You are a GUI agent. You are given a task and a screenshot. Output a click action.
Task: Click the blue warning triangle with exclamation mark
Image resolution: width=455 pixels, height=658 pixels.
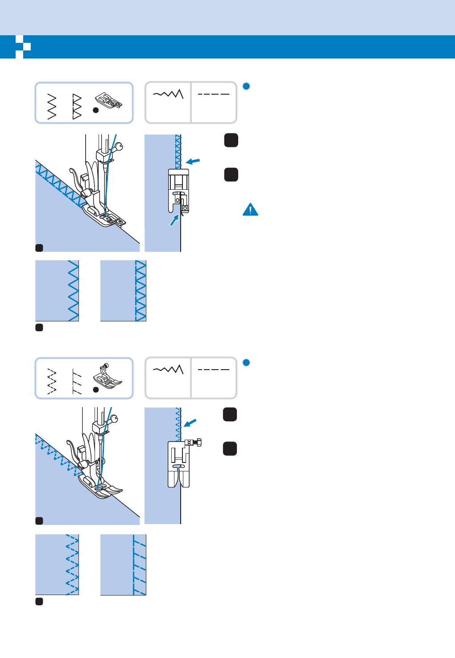coord(250,209)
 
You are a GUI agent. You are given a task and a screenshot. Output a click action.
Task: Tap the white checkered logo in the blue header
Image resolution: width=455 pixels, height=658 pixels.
coord(23,46)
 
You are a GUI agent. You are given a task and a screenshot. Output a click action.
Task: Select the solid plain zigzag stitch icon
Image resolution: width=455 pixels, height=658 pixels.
coord(52,107)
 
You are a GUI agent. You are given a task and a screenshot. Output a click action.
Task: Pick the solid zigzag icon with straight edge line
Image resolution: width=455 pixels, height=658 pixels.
coord(77,107)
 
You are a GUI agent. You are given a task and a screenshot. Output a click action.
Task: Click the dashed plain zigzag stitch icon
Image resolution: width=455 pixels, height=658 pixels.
coord(52,382)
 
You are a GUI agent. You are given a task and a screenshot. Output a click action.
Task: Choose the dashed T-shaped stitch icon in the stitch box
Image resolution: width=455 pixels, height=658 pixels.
coord(77,382)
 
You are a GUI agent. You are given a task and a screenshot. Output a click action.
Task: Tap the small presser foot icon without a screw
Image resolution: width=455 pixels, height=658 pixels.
coord(108,101)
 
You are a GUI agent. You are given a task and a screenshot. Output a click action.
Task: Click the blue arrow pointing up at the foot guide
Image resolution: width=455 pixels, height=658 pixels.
coord(174,220)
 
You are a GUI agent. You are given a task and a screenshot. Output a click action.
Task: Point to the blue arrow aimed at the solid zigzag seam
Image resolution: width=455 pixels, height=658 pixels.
coord(193,161)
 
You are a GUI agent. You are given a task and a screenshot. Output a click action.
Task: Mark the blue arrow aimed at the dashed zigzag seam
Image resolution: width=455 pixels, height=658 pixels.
coord(190,422)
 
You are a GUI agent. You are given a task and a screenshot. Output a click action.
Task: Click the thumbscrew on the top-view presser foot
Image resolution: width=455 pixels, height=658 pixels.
coord(195,442)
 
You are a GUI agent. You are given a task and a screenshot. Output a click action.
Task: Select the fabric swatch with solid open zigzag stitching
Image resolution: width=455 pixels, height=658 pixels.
coord(57,291)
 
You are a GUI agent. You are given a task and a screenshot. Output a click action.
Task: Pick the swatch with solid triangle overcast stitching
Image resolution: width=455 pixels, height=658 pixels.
coord(123,291)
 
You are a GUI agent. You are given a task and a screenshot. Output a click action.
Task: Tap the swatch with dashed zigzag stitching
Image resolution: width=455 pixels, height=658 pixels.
coord(57,565)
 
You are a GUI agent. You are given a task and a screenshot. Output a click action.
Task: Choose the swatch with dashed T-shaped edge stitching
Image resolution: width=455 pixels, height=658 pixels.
coord(123,565)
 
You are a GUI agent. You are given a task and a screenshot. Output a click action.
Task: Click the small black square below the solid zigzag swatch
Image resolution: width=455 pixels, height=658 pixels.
coord(39,328)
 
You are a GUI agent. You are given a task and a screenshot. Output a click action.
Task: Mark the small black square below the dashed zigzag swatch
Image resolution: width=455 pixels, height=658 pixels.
coord(39,602)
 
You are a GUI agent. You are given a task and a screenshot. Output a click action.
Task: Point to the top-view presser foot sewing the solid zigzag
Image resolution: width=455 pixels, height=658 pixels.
coord(178,190)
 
